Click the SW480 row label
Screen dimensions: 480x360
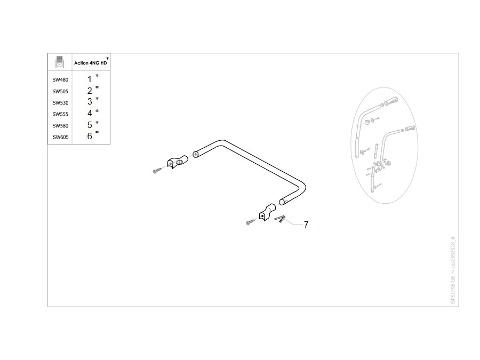point(60,80)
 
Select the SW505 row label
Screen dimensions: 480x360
point(60,92)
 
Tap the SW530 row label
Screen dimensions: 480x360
point(60,103)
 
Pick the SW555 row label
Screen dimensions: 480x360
point(60,114)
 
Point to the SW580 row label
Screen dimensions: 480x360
point(60,126)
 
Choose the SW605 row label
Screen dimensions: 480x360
point(61,137)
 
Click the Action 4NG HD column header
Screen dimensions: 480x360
point(91,63)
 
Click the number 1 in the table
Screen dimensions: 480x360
point(90,79)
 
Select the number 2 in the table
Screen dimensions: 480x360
point(90,91)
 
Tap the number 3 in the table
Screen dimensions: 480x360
point(90,101)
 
